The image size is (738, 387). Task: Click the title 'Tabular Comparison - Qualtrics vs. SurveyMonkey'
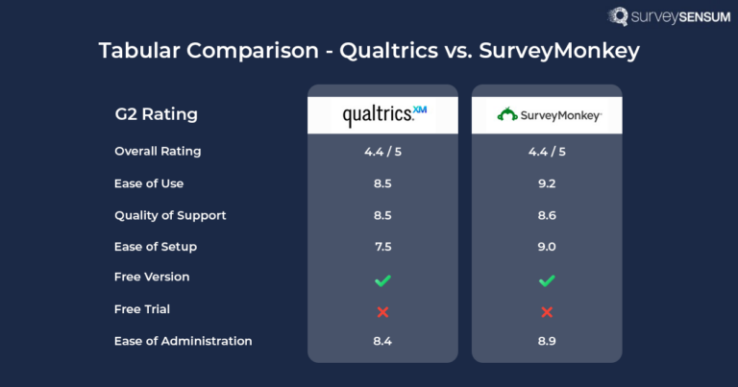pos(369,51)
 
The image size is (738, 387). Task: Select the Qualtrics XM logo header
pos(382,115)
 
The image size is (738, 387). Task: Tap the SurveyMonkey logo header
pos(547,115)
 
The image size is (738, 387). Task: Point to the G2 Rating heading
pos(156,115)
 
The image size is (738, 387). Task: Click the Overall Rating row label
pos(158,151)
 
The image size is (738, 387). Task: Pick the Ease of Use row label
pos(149,183)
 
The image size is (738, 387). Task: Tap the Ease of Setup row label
pos(156,247)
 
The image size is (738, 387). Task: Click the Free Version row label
pos(152,278)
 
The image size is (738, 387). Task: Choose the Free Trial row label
pos(142,309)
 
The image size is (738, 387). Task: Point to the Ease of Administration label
pos(184,341)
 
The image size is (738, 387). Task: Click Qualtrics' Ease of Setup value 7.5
pos(382,247)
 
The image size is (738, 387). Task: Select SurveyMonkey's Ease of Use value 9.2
pos(547,183)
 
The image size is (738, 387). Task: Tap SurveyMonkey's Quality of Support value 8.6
pos(547,215)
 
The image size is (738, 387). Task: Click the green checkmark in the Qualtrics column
pos(382,279)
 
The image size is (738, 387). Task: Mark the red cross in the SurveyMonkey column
pos(547,311)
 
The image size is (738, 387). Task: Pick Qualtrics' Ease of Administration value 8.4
pos(382,341)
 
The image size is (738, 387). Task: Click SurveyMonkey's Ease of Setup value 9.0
pos(547,247)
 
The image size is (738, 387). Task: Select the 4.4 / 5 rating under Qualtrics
pos(382,151)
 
